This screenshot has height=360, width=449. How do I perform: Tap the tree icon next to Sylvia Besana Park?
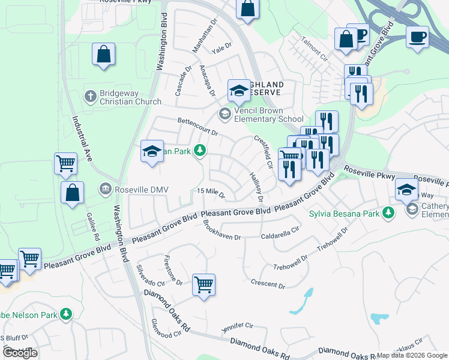tap(388, 212)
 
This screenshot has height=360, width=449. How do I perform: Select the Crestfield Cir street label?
tap(264, 152)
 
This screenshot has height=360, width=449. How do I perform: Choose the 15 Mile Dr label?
tap(211, 193)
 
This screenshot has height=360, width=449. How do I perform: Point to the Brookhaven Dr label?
tap(221, 232)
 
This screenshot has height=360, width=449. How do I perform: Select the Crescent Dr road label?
tap(268, 284)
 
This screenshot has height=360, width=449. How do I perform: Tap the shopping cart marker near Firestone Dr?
tap(204, 284)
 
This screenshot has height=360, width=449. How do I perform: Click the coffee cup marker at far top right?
tap(417, 36)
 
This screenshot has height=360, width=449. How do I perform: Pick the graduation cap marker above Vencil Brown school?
tap(239, 91)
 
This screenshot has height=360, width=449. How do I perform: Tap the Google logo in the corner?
tap(20, 353)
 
